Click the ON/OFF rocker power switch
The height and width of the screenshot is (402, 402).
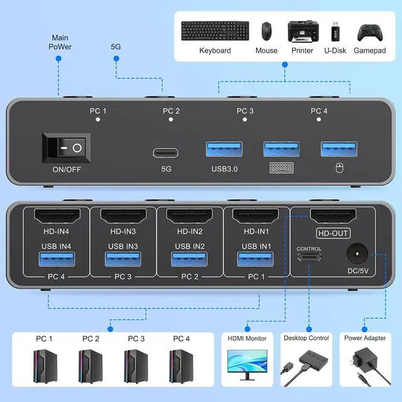[66, 148]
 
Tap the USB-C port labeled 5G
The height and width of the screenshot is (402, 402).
[165, 152]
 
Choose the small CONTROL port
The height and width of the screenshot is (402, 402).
[308, 258]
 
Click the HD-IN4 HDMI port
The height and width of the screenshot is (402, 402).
[54, 216]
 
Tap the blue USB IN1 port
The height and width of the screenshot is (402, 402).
[255, 258]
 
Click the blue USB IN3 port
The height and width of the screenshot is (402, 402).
[122, 258]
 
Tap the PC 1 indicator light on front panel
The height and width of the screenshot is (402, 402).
[98, 119]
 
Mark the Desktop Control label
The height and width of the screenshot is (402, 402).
[306, 338]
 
